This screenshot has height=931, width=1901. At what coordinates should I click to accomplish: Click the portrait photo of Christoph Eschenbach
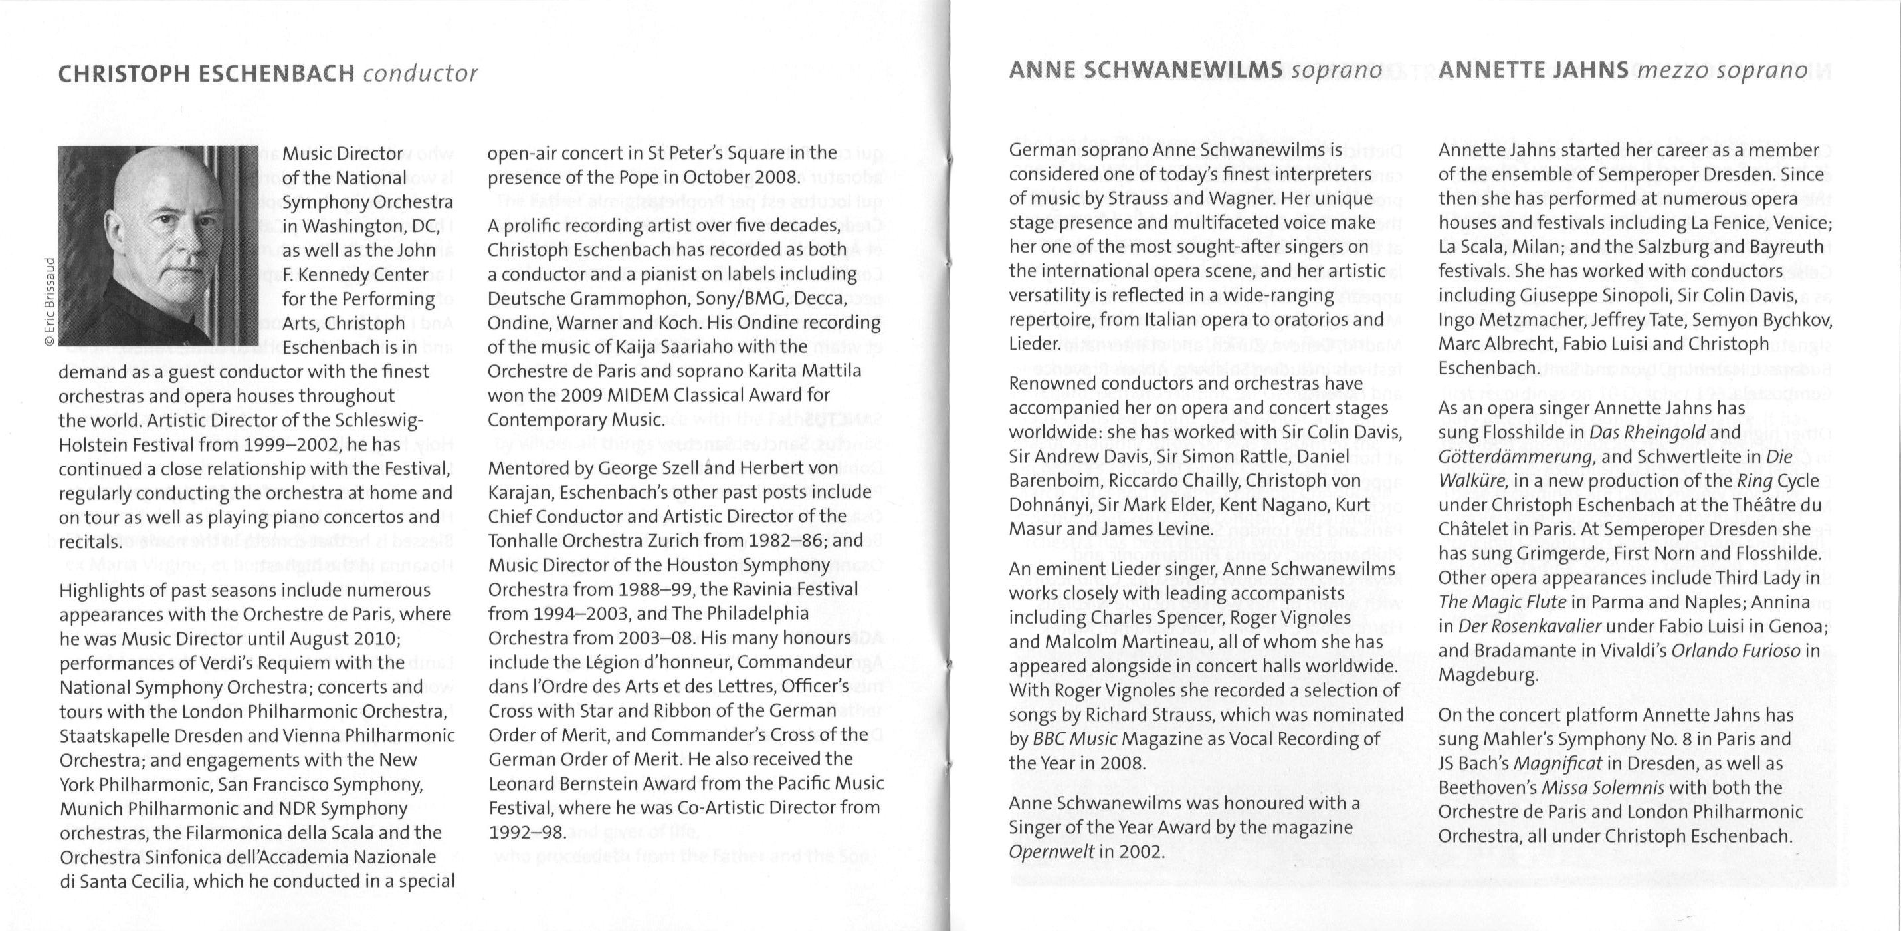(159, 245)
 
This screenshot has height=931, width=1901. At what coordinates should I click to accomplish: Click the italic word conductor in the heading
(421, 74)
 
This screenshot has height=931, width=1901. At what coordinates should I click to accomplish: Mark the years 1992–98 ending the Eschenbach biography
(527, 832)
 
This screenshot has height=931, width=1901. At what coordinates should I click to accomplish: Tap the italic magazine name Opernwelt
(1051, 851)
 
